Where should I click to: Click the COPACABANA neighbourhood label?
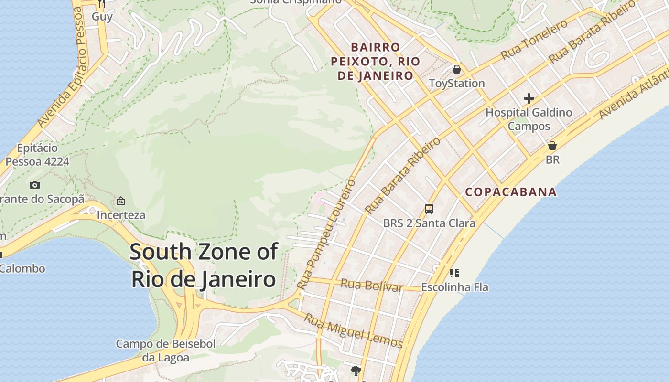[511, 192]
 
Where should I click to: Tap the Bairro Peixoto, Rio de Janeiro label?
[375, 62]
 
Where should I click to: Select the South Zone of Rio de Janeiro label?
[204, 265]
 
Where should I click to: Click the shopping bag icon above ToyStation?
[457, 69]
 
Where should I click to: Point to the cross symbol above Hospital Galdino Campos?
[529, 99]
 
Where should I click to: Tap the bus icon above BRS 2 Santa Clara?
[429, 209]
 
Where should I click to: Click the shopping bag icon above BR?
[552, 146]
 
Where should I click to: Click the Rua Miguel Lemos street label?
[354, 330]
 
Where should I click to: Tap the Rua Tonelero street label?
[534, 40]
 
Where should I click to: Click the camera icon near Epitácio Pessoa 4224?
[35, 185]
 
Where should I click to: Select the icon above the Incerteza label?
[121, 201]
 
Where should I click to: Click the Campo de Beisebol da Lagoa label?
[166, 350]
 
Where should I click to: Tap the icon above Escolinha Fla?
[454, 273]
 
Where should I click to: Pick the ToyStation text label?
[457, 84]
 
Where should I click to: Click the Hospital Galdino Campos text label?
[529, 119]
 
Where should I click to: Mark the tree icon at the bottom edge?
[356, 371]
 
